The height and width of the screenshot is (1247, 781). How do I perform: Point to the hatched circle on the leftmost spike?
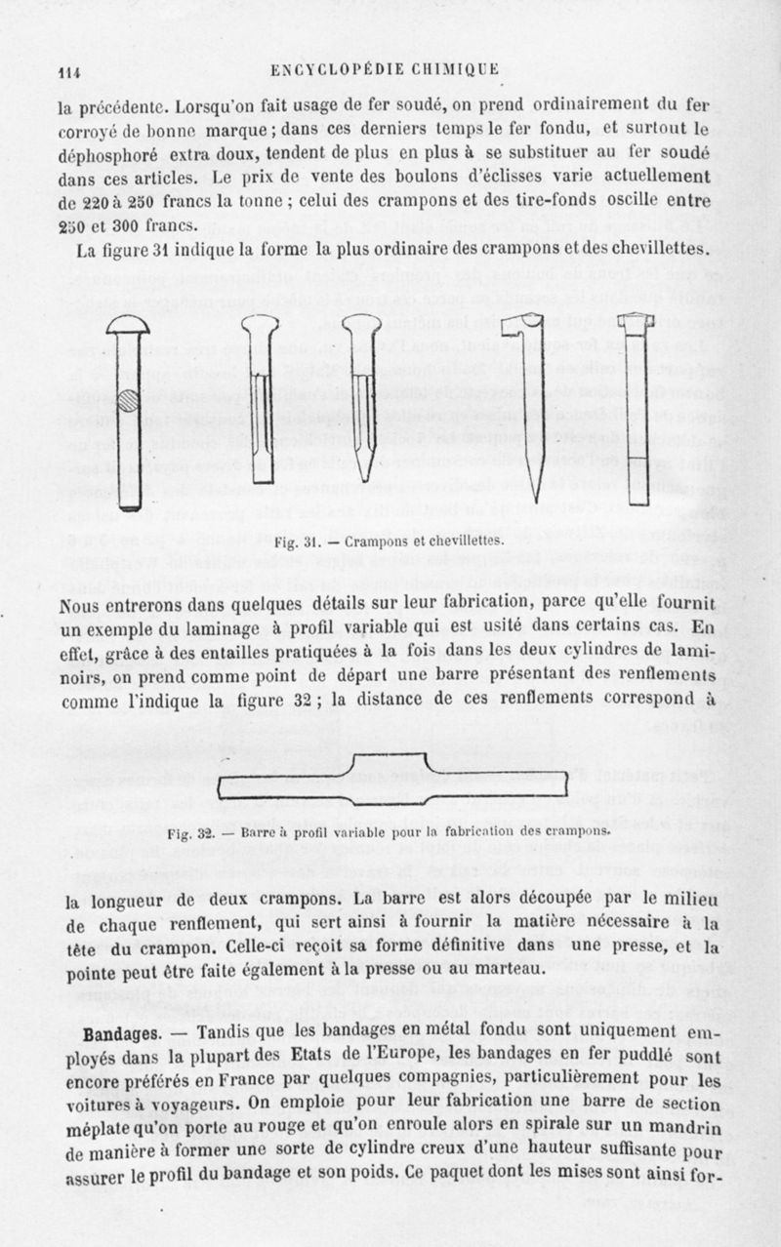tap(128, 400)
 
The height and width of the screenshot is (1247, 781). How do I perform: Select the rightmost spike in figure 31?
tap(637, 410)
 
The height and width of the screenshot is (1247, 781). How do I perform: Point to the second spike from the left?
tap(260, 400)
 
